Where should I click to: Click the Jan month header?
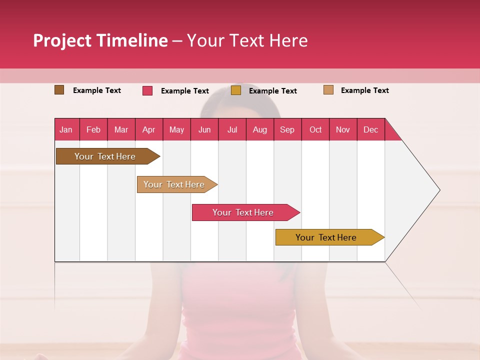(66, 129)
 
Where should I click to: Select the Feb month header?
(93, 129)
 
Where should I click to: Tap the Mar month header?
(121, 129)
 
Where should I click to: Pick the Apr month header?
(149, 129)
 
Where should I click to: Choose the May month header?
(176, 129)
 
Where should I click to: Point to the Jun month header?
(204, 129)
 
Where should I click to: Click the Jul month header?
(232, 129)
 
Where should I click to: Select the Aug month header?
(260, 129)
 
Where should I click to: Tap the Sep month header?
(287, 129)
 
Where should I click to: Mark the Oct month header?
(315, 129)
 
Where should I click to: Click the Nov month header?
(343, 129)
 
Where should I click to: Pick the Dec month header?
(371, 129)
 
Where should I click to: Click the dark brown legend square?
(59, 90)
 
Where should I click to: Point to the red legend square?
(147, 90)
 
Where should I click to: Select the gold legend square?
(236, 90)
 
